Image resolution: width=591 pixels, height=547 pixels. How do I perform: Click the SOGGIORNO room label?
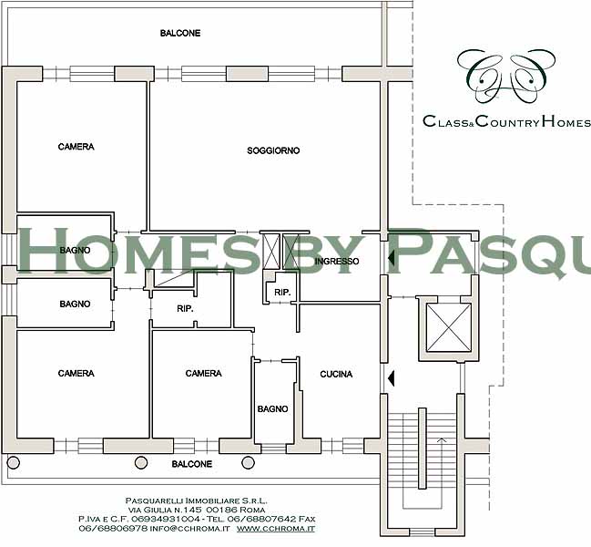[x=273, y=150]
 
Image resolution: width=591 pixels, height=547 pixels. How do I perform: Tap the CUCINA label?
[x=336, y=374]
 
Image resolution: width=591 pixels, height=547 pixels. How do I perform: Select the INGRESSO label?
[x=337, y=261]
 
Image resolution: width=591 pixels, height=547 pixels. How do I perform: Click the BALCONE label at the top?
[x=180, y=33]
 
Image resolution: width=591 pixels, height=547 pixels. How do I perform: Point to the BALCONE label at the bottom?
[x=192, y=464]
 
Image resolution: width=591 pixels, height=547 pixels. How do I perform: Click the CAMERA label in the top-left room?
[x=76, y=147]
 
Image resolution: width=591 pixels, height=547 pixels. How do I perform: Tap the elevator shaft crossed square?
[x=449, y=328]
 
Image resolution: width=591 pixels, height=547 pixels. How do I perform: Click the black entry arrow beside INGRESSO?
[x=391, y=258]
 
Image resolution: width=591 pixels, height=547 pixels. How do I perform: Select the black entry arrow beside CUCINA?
[x=391, y=378]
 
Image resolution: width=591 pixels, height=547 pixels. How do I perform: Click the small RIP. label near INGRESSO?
[x=282, y=292]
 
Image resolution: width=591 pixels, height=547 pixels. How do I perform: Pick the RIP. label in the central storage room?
[x=185, y=308]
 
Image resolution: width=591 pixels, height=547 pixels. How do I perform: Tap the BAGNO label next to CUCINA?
[x=272, y=408]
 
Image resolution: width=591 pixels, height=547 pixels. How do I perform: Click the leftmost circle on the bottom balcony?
[x=14, y=462]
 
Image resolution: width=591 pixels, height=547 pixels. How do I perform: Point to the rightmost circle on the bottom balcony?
[x=248, y=462]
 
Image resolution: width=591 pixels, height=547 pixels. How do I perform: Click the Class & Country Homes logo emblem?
[x=506, y=77]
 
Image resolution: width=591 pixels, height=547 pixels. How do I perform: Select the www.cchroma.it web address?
[x=276, y=529]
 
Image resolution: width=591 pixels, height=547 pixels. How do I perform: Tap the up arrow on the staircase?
[x=441, y=439]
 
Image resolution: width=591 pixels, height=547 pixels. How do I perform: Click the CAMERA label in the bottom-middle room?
[x=204, y=373]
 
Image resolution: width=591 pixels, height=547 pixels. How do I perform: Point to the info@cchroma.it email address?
[x=189, y=529]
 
